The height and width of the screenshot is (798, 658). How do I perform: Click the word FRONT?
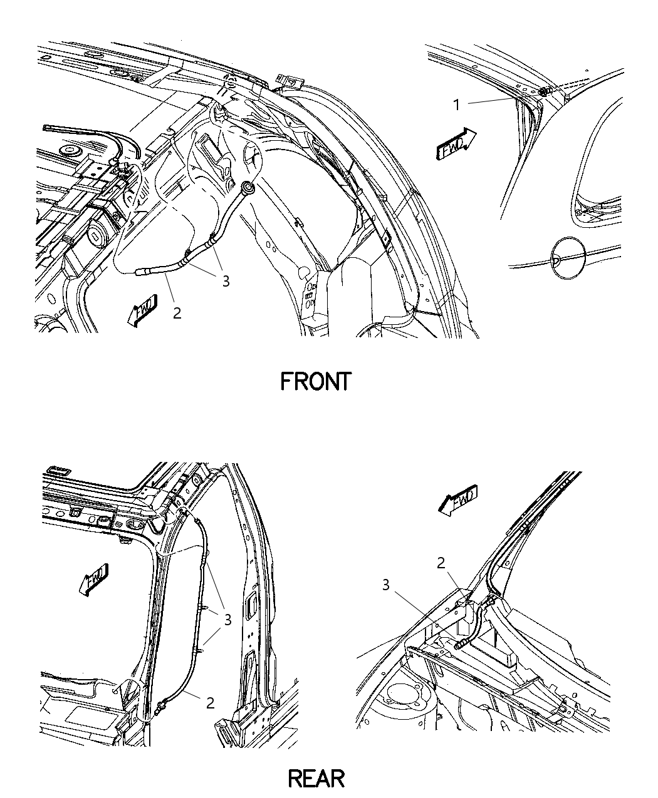pos(315,381)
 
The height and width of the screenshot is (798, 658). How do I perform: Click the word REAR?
pos(316,778)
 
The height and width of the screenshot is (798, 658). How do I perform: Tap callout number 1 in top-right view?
pos(457,105)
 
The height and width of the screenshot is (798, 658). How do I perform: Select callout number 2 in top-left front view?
pos(177,313)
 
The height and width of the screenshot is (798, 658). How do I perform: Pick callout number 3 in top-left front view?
pos(226,281)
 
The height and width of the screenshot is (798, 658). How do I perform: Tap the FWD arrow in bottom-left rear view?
pos(94,578)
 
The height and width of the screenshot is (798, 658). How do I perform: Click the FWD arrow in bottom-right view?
pos(457,501)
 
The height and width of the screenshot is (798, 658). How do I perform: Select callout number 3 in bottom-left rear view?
pos(228,620)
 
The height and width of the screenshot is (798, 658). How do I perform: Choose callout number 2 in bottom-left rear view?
pos(210,702)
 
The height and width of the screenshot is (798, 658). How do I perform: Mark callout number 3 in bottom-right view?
pos(386,585)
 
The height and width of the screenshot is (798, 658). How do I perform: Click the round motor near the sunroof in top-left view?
pos(97,236)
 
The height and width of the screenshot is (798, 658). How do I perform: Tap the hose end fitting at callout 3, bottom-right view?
pos(462,642)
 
